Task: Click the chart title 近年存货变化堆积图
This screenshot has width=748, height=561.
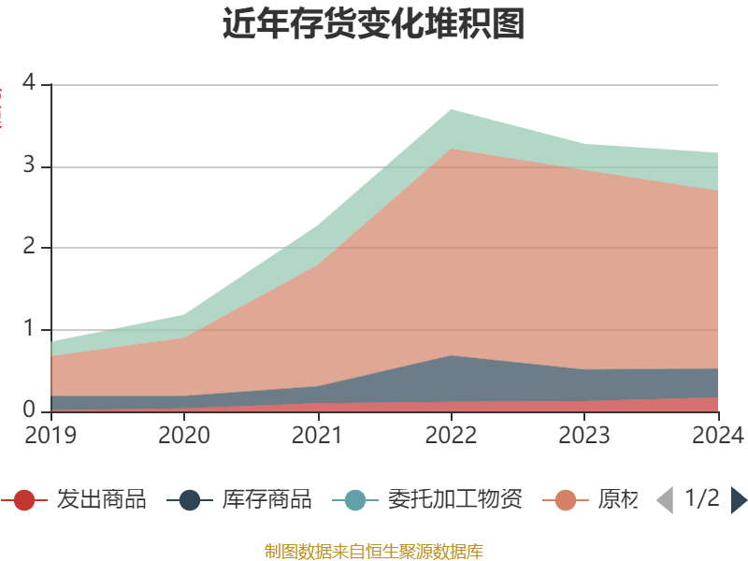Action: point(374,24)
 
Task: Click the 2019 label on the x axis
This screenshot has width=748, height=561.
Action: point(50,435)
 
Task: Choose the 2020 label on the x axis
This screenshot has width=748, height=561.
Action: point(184,435)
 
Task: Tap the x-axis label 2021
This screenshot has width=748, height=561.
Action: point(318,435)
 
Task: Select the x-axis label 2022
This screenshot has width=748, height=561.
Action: point(451,435)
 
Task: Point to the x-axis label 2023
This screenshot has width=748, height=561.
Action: point(584,435)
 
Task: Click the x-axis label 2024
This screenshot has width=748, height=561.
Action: point(717,435)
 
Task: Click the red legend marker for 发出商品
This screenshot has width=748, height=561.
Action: point(24,500)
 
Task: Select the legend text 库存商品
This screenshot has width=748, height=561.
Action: point(266,500)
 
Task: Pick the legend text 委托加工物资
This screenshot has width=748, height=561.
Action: point(454,500)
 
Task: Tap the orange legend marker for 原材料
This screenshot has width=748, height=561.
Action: point(566,500)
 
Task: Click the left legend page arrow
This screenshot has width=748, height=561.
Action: point(665,500)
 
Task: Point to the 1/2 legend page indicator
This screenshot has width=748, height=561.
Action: point(702,498)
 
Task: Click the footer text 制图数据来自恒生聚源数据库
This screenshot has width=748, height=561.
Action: point(374,551)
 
